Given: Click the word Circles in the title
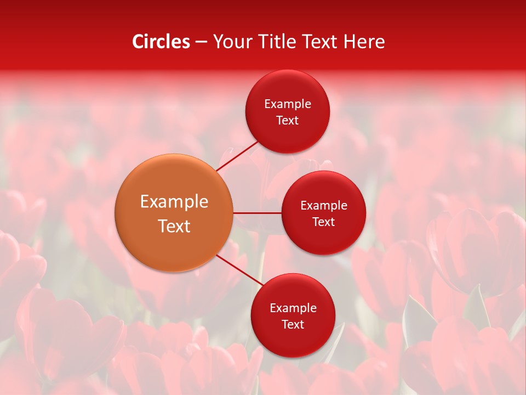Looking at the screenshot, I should point(161,42).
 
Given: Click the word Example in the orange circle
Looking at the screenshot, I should point(174,202).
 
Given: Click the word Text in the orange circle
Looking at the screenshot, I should point(174,226).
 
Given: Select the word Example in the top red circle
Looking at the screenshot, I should point(288,104).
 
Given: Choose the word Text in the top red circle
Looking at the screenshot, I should point(287,121).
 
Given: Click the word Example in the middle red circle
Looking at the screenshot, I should point(324,206).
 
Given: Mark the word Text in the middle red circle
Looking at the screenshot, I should point(323,222).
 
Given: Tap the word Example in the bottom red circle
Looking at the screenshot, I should point(293,308).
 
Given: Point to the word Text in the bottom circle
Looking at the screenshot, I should point(293,325).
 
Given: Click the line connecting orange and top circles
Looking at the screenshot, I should point(238,156).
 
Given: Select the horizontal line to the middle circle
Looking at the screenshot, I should point(257,213).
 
